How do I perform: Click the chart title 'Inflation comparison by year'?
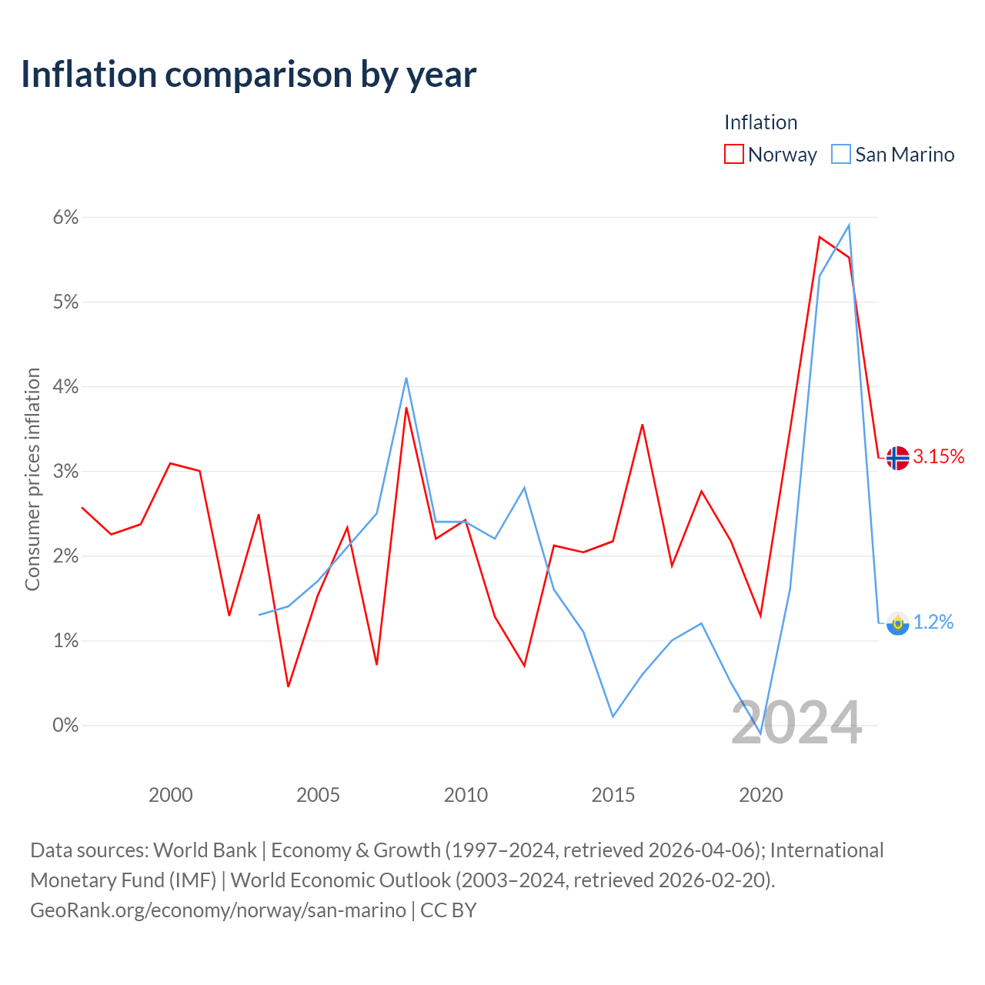(249, 75)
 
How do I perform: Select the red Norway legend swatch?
(733, 154)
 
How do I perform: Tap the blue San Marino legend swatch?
(841, 154)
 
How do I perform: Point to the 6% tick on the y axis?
(65, 217)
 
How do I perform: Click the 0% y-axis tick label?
(65, 725)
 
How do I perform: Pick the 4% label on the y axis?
(65, 386)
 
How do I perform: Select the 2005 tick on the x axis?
(318, 795)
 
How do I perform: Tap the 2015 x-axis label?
(613, 795)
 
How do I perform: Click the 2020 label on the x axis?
(760, 795)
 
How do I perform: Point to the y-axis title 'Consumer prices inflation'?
(32, 479)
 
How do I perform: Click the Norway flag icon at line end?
(897, 457)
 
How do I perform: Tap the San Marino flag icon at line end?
(897, 623)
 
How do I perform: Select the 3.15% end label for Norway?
(939, 456)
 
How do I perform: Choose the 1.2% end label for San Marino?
(933, 622)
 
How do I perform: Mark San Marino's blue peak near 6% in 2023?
(849, 225)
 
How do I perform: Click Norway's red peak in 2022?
(820, 237)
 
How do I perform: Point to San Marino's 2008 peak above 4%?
(406, 379)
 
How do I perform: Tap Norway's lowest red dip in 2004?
(289, 686)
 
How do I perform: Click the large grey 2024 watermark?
(796, 723)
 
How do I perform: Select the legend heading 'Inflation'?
(760, 122)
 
